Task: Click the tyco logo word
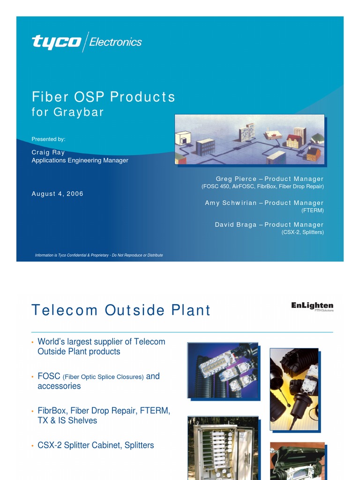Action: coord(57,42)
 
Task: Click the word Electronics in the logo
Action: coord(115,42)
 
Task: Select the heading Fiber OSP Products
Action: coord(104,97)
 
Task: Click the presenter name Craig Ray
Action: coord(48,152)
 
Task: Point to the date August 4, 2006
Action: coord(58,194)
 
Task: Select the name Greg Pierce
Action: coord(236,179)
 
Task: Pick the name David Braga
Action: coord(236,225)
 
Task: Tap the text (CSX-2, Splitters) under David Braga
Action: coord(302,232)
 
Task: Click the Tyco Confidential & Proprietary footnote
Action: coord(99,255)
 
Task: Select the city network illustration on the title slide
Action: coord(249,139)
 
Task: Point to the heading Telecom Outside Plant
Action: coord(121,310)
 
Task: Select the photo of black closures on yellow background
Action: coord(294,389)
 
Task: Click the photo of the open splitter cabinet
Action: coord(223,448)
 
